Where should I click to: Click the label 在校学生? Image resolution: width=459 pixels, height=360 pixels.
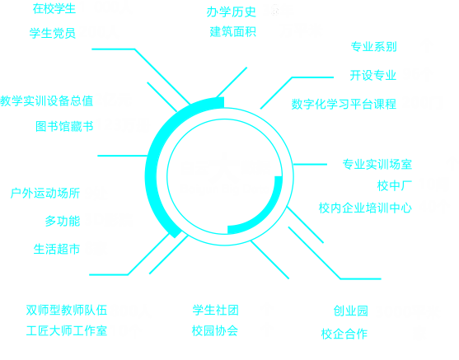tap(54, 9)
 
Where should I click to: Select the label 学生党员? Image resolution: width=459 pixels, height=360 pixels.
tap(53, 33)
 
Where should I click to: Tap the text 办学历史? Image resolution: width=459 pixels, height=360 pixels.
tap(232, 12)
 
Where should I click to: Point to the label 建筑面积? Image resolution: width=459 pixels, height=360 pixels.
tap(233, 31)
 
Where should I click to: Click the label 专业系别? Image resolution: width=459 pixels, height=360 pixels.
tap(374, 46)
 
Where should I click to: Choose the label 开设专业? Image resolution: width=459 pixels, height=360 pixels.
tap(373, 75)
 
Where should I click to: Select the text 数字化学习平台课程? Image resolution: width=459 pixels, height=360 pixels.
tap(344, 104)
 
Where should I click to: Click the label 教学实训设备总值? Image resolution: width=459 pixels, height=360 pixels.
tap(46, 101)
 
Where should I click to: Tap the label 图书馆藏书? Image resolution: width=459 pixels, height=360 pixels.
tap(64, 126)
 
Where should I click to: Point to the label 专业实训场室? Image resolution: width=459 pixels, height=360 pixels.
tap(377, 164)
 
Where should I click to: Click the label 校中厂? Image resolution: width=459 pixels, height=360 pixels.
tap(395, 185)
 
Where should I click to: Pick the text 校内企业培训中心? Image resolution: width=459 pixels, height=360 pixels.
tap(365, 208)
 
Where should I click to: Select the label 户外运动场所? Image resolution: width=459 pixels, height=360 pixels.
tap(45, 193)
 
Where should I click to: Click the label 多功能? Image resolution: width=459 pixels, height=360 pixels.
tap(63, 221)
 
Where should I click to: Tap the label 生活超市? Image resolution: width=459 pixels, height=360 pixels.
tap(57, 249)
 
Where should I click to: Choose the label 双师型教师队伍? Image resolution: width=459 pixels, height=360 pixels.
tap(67, 310)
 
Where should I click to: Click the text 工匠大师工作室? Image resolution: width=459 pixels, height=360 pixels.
tap(67, 330)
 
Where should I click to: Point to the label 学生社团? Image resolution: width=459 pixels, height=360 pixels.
tap(216, 310)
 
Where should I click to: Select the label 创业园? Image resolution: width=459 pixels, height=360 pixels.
tap(351, 311)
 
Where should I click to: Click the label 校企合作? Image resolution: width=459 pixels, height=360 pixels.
tap(344, 334)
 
